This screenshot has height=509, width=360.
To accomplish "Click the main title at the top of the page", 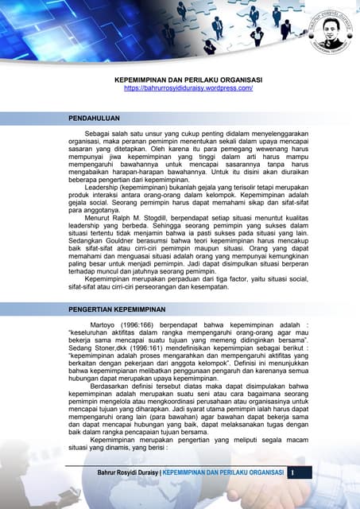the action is tap(188, 80).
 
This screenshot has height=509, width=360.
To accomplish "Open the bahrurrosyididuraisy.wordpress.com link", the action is tap(188, 88).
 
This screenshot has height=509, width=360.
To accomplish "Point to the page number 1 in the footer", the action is tap(292, 473).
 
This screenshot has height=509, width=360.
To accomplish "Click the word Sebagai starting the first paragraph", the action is tap(100, 137).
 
